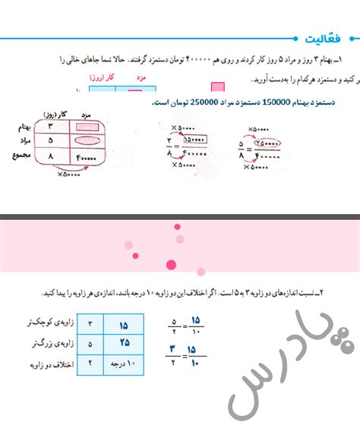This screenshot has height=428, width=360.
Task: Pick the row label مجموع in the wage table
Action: tap(22, 156)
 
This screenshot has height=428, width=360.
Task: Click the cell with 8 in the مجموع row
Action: tap(50, 156)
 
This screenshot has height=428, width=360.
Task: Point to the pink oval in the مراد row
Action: tap(88, 141)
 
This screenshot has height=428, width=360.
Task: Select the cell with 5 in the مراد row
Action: tap(50, 141)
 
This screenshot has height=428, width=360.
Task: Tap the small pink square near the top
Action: tap(218, 87)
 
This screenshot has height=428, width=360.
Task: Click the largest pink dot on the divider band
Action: tap(171, 264)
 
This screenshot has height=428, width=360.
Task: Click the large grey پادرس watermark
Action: tap(285, 364)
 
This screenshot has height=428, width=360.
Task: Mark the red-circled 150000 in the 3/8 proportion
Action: tap(196, 140)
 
